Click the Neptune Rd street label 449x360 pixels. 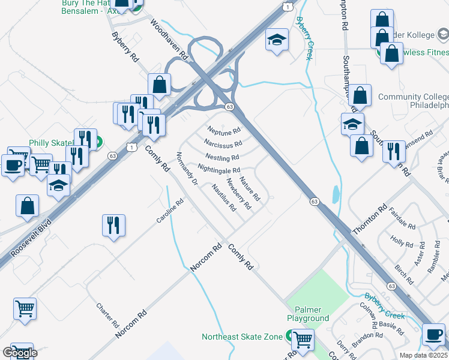(x=224, y=130)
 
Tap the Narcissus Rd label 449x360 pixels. (x=223, y=143)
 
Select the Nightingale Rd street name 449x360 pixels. (x=218, y=170)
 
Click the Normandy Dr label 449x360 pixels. (x=187, y=168)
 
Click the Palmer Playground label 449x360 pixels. (x=308, y=313)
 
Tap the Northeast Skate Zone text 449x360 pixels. (x=242, y=337)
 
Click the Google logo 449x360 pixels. (x=20, y=353)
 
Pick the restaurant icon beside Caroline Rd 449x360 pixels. (x=113, y=226)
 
